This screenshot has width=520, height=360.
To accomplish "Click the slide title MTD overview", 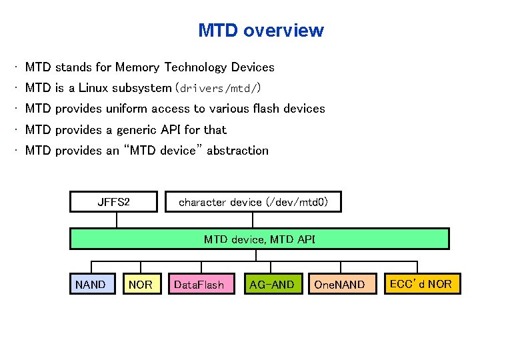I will point(261,31).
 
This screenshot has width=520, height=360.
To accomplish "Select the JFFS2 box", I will point(113,202).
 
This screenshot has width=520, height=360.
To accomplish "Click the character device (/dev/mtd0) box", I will point(253,202).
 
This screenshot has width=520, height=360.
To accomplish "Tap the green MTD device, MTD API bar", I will point(259,239).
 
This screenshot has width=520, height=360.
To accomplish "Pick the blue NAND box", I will point(92,284).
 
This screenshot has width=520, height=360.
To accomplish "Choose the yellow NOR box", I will point(141,284).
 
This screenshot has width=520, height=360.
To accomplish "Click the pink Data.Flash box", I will point(200,284).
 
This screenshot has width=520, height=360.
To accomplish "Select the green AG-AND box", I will point(272,284).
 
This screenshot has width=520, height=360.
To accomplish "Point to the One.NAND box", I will point(339,284).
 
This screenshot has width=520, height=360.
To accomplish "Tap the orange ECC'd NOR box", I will point(420,284).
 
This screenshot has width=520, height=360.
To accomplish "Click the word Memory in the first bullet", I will point(138,67).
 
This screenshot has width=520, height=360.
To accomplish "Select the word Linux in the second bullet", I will point(93,88).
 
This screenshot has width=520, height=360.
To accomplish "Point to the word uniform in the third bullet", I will point(125,109).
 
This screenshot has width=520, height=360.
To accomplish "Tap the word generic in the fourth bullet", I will point(139,130).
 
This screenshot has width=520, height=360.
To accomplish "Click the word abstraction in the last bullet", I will point(237,151).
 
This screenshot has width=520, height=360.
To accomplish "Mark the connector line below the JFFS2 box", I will point(117,220).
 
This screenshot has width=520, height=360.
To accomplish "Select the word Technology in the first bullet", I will point(195,67).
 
